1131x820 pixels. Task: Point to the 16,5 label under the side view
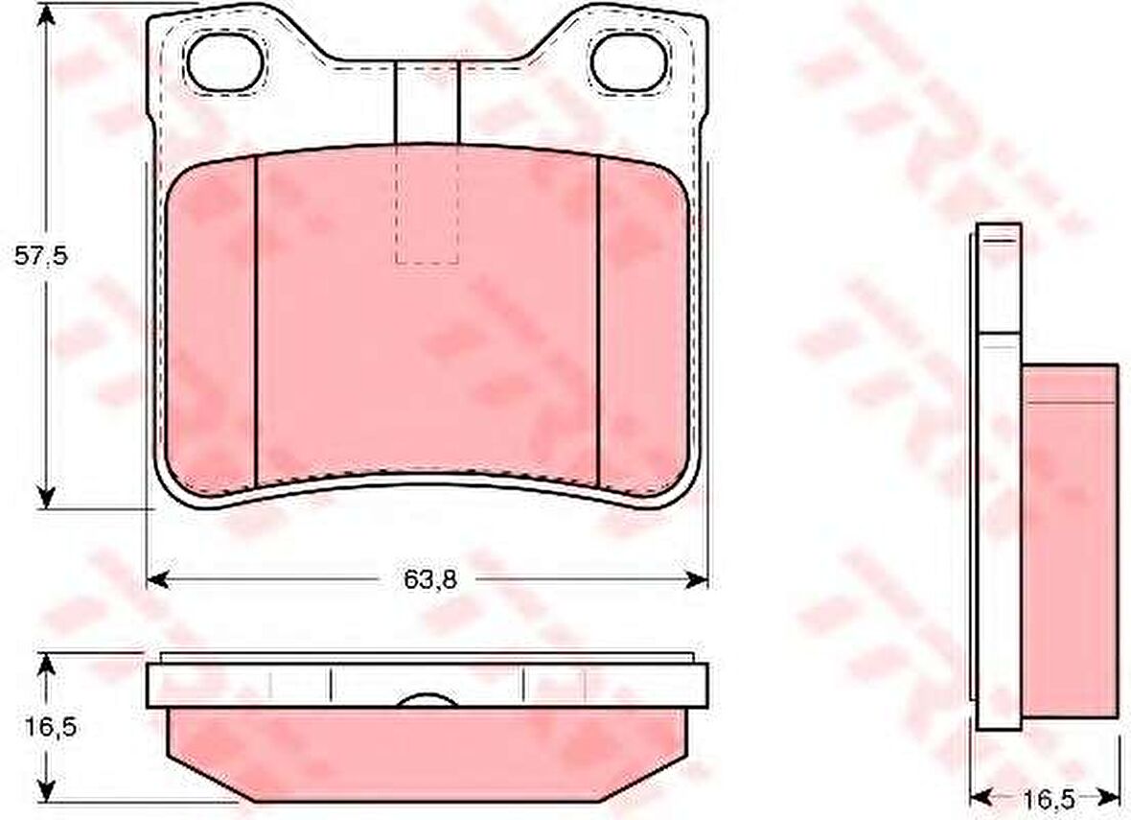[x=1044, y=798]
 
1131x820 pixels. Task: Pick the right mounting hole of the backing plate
[x=629, y=61]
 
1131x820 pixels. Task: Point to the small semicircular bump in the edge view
[x=427, y=699]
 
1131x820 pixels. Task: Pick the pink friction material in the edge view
[x=427, y=753]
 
